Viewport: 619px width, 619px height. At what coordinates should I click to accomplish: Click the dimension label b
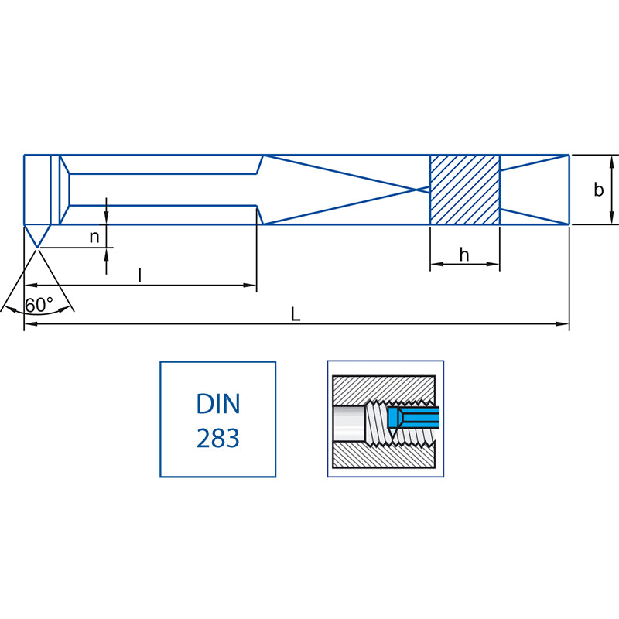tap(598, 190)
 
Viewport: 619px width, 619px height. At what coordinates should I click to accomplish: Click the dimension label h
tap(464, 255)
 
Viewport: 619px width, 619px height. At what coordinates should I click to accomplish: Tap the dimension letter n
tap(94, 237)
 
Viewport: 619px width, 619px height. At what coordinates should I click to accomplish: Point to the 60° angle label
tap(39, 305)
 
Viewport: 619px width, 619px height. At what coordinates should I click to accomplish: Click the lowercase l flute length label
tap(139, 275)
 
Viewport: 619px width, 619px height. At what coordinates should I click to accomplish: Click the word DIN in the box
tap(217, 404)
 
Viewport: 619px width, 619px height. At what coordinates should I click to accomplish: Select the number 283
tap(217, 439)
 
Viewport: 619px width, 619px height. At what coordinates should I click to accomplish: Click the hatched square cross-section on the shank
tap(465, 190)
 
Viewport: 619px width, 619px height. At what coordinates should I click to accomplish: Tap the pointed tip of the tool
tap(36, 246)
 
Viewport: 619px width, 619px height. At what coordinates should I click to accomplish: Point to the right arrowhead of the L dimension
tap(565, 325)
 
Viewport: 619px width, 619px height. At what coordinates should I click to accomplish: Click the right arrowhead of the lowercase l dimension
tap(251, 286)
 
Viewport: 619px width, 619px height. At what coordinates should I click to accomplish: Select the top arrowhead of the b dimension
tap(613, 159)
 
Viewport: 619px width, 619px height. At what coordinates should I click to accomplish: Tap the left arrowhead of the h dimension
tap(435, 264)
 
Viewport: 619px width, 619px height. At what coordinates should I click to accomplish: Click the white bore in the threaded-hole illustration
tap(348, 423)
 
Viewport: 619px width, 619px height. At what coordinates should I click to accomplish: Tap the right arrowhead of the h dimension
tap(495, 264)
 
